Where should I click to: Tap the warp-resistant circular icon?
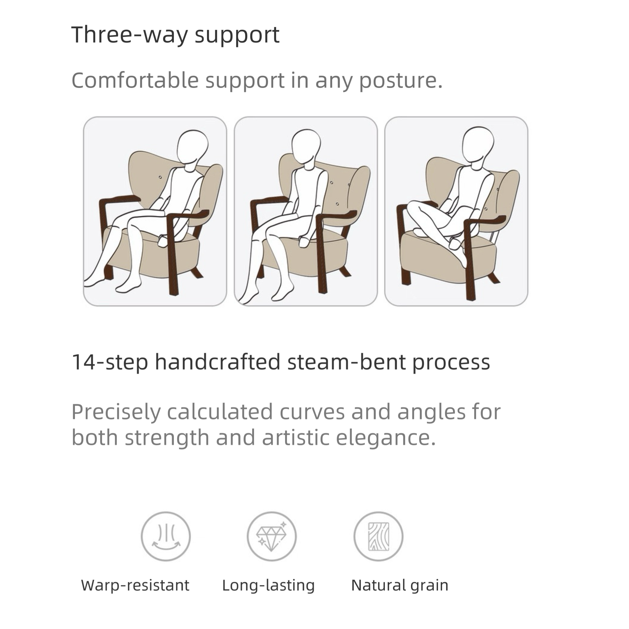[166, 536]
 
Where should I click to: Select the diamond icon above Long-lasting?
[272, 536]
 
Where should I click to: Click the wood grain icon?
[378, 536]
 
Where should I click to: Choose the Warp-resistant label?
[135, 585]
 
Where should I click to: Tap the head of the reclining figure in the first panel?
[193, 149]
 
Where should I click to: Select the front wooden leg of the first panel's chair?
[173, 256]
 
